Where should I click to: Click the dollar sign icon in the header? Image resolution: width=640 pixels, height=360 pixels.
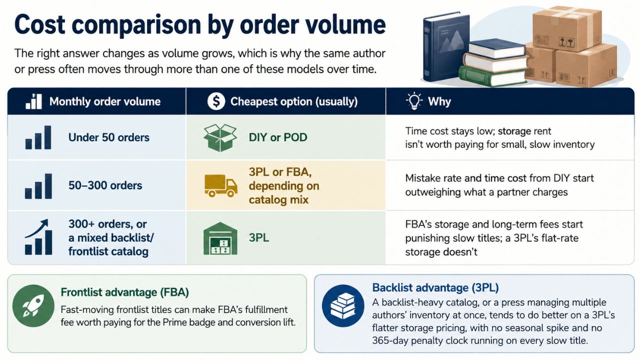(216, 101)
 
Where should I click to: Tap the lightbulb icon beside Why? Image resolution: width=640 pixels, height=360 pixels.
(414, 101)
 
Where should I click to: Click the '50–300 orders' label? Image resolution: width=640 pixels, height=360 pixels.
(105, 185)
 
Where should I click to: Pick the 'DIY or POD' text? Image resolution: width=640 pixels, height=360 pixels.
(278, 137)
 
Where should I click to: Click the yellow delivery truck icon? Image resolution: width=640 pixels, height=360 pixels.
(221, 185)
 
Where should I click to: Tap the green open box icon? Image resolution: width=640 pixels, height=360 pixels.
(220, 137)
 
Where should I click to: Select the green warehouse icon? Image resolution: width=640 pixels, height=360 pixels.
(220, 238)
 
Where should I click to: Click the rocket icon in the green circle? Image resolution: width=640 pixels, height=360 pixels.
(33, 305)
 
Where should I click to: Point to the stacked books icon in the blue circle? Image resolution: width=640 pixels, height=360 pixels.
(343, 305)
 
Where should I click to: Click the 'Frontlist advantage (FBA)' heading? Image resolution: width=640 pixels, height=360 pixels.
(125, 292)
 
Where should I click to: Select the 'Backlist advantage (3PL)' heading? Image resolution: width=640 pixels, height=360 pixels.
(435, 287)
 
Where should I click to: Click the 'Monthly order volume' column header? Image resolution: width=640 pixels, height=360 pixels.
(105, 101)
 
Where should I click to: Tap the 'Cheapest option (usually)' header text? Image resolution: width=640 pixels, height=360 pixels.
(294, 101)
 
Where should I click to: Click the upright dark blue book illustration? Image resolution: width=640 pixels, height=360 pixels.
(445, 47)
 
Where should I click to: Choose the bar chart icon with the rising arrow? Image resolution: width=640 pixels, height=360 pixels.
(38, 237)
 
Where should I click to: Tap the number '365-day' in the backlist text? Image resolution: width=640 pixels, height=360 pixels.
(390, 340)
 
